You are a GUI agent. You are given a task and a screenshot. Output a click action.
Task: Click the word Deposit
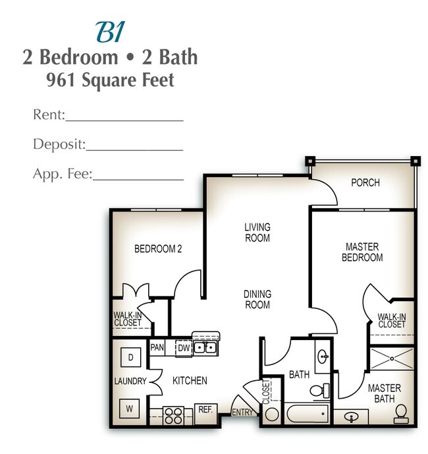click(59, 144)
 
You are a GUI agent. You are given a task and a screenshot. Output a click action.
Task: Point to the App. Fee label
click(62, 175)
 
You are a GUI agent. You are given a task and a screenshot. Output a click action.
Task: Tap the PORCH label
click(365, 183)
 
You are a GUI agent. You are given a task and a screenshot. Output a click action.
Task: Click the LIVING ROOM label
click(257, 233)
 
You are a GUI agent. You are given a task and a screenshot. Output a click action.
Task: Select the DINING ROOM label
click(257, 299)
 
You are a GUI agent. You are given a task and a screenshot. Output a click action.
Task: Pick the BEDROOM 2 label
click(158, 249)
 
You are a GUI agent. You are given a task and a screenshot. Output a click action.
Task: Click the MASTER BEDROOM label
click(361, 252)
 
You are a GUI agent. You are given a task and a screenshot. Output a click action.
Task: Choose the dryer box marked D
click(130, 357)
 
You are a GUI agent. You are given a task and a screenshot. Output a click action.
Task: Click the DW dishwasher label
click(183, 347)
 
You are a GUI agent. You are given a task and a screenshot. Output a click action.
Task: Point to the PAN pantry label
click(157, 347)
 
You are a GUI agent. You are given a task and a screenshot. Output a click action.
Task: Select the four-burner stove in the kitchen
click(174, 415)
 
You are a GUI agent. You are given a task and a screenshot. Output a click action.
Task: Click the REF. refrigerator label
click(205, 409)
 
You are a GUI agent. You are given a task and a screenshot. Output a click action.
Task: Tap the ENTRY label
click(243, 413)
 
